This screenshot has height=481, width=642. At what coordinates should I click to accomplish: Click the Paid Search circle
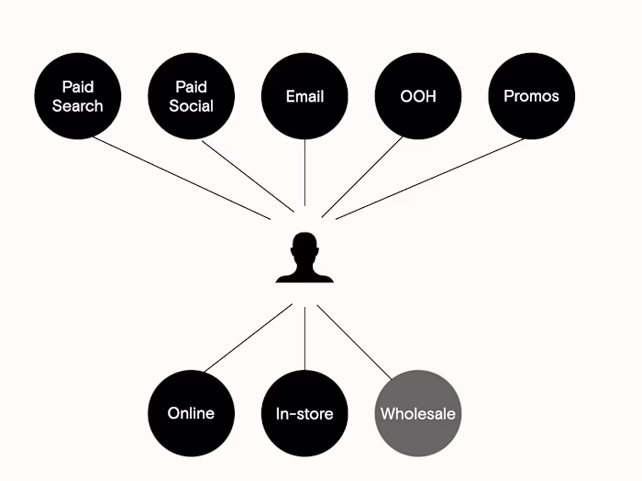point(78,96)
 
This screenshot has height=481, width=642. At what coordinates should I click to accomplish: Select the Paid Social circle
point(191,96)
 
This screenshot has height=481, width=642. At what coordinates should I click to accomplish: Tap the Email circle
point(304,96)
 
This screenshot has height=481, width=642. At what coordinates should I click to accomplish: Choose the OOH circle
point(418,96)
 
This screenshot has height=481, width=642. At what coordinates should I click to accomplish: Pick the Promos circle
point(531,96)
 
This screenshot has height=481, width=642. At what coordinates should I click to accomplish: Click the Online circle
point(191,413)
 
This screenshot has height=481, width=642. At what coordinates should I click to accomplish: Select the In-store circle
point(304,413)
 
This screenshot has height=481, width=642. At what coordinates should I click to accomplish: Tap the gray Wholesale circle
point(418,413)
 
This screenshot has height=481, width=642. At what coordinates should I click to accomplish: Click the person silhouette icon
point(304,258)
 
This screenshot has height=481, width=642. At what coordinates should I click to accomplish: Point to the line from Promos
point(431,179)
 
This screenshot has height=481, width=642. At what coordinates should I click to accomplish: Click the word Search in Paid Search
point(78,105)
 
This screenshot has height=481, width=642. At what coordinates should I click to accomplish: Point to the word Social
point(191,105)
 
